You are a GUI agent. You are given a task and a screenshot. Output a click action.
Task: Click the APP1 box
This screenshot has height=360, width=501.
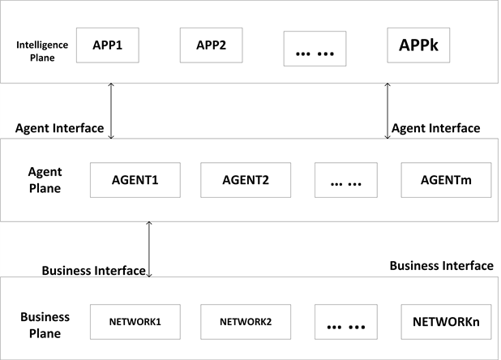[108, 46]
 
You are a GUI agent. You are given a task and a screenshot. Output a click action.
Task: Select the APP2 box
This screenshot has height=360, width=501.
[211, 46]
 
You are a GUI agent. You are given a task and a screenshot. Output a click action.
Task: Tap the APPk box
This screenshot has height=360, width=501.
[418, 45]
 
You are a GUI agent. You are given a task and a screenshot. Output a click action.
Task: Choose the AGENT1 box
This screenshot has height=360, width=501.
[135, 180]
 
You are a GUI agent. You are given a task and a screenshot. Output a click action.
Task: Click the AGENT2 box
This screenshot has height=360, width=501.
[245, 180]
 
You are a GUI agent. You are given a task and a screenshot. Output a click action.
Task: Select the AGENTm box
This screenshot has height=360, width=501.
[447, 180]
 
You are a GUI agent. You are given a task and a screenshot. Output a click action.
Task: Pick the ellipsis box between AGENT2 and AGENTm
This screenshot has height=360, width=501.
[346, 181]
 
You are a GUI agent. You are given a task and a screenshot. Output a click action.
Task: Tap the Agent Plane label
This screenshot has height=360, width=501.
[45, 180]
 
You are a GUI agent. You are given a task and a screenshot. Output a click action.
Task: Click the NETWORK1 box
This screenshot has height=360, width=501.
[135, 321]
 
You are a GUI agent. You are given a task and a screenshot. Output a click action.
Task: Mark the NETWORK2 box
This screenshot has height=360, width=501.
[245, 321]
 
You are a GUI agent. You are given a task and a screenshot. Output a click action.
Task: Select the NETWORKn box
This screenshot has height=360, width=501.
[447, 321]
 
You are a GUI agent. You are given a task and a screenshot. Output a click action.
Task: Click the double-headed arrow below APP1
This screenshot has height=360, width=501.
[111, 110]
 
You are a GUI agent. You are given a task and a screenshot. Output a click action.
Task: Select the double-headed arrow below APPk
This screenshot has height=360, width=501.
[388, 110]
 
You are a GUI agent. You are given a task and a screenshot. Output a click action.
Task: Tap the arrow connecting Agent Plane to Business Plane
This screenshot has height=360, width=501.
[149, 248]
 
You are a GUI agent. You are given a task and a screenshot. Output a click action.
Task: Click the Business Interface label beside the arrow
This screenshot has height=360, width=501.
[93, 270]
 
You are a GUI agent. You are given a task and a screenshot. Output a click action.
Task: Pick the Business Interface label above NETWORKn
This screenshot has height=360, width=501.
[441, 265]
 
